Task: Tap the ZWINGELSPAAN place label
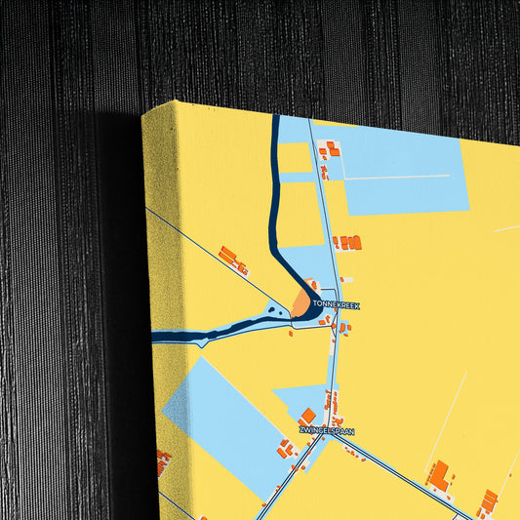click(x=327, y=430)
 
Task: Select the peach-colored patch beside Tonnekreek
click(x=300, y=307)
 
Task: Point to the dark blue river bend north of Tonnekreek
click(x=278, y=244)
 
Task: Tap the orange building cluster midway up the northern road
click(x=347, y=242)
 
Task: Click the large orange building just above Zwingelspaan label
click(x=308, y=416)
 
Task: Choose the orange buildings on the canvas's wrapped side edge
click(x=163, y=460)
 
